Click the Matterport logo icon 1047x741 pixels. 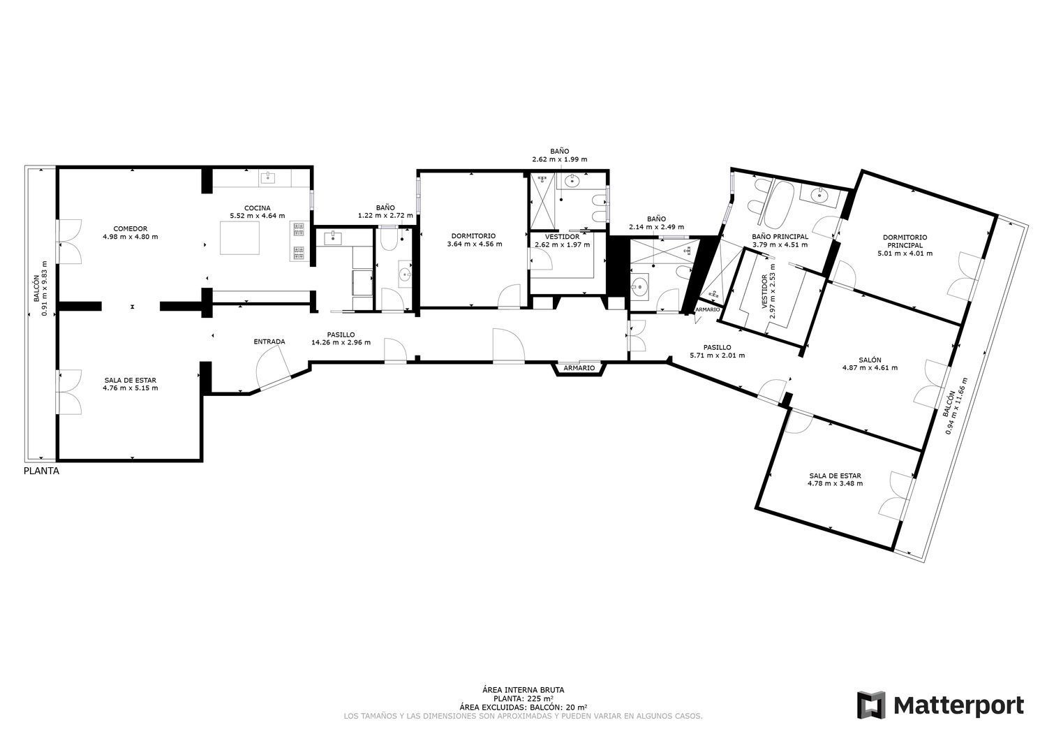[x=871, y=705]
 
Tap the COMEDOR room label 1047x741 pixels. [x=131, y=229]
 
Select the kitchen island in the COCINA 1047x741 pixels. [x=240, y=237]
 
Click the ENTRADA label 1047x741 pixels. [x=269, y=342]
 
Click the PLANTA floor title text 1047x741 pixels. [x=42, y=471]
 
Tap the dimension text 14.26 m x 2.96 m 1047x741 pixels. [x=341, y=342]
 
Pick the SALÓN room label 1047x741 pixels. [x=870, y=360]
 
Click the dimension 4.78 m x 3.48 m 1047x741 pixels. [x=836, y=483]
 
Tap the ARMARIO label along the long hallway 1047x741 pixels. [x=579, y=367]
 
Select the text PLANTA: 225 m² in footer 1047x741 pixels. [x=523, y=698]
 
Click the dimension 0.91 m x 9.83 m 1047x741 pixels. [x=45, y=288]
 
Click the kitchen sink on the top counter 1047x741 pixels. [x=267, y=177]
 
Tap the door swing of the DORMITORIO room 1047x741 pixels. [x=509, y=296]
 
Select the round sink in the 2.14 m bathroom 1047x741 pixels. [x=639, y=285]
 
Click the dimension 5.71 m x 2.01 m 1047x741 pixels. [x=717, y=355]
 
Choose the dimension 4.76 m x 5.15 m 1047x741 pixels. [x=131, y=388]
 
